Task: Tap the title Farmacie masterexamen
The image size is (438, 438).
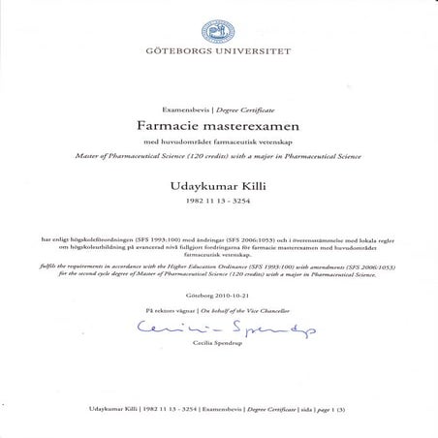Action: pyautogui.click(x=218, y=128)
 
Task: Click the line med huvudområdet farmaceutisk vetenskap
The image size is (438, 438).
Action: pyautogui.click(x=218, y=142)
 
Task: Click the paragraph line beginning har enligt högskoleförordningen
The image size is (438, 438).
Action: pyautogui.click(x=218, y=236)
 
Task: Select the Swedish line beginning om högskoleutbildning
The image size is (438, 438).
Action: pyautogui.click(x=218, y=245)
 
